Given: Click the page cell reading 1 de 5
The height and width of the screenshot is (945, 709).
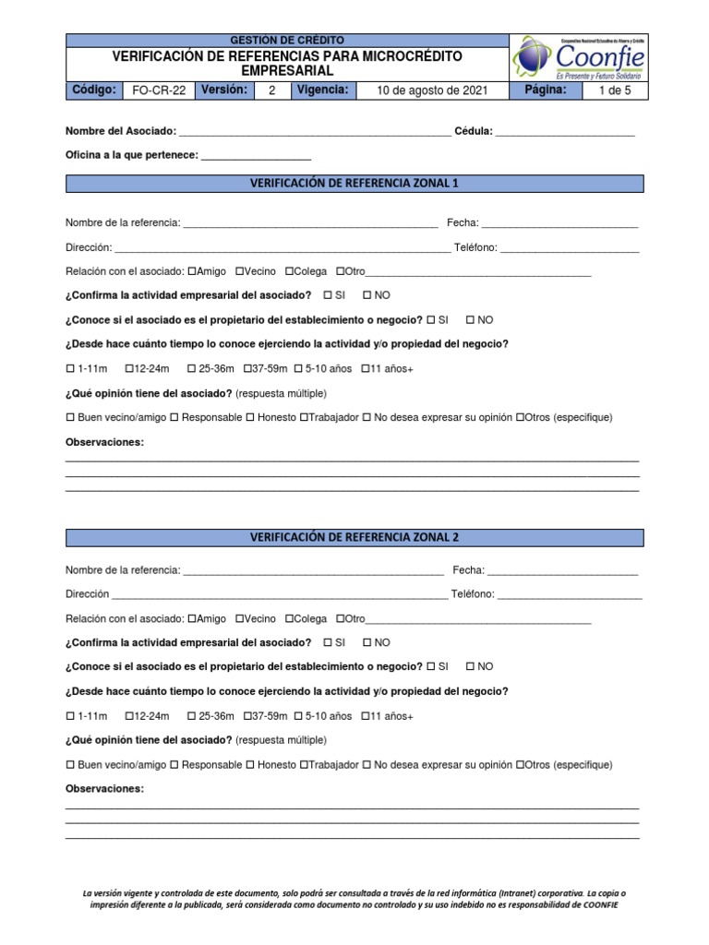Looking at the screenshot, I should point(613,90).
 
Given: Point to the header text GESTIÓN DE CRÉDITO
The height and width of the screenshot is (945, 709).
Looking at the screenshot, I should point(286,41).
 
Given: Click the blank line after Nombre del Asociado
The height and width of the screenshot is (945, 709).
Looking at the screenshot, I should point(314,134).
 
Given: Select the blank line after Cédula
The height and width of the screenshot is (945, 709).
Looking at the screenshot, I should point(565,134).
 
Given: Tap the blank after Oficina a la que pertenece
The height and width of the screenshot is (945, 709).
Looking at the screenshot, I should point(256,157).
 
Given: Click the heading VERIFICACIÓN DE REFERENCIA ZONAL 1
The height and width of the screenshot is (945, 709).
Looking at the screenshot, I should point(354,184).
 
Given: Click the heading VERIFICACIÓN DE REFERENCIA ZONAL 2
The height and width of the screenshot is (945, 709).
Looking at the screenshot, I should point(354,537).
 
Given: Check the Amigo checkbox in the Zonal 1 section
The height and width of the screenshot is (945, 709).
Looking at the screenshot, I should point(192,272).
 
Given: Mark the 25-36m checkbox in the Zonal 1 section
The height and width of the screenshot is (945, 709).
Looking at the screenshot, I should point(191,369).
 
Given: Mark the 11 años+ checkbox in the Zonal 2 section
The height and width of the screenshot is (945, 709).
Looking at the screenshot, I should point(366,716).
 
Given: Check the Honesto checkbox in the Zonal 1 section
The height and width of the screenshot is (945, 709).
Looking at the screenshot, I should point(250,418).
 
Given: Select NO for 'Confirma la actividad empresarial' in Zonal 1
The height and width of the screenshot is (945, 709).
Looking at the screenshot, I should point(367,295).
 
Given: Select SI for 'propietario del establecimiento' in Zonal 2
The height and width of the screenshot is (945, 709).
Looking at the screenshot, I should point(430,666).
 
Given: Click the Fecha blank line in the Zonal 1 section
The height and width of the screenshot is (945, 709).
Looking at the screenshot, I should point(559,224).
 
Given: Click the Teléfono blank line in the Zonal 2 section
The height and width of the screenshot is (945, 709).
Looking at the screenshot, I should point(570,595).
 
